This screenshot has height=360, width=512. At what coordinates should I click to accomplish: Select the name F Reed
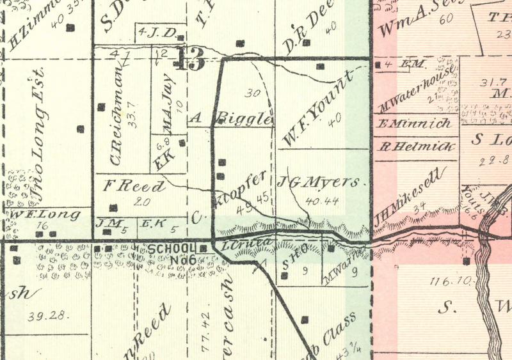click(134, 187)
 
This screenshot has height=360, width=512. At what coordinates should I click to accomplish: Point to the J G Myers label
click(323, 182)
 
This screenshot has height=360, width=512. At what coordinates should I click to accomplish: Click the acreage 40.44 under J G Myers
click(322, 201)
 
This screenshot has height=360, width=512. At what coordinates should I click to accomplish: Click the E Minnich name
click(415, 123)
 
